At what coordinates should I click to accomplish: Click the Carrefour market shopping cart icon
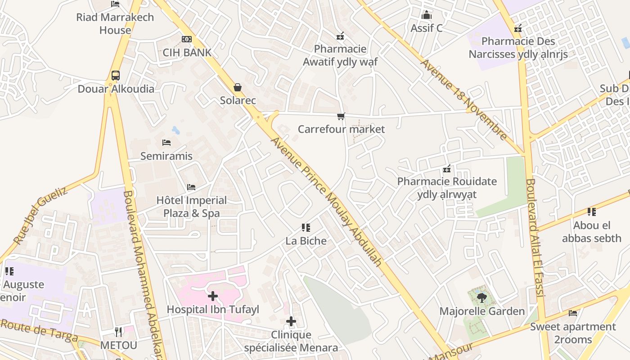click(341, 117)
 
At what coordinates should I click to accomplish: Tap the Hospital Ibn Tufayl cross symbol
click(213, 296)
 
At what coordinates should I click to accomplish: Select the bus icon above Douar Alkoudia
click(116, 75)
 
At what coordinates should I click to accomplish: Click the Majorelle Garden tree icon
click(481, 297)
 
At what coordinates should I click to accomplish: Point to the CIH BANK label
click(187, 53)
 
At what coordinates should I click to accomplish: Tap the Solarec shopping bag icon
click(238, 87)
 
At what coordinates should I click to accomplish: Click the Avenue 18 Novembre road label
click(464, 99)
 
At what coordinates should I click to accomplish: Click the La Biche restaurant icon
click(306, 228)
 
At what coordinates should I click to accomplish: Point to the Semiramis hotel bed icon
click(166, 143)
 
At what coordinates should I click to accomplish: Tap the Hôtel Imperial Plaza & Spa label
click(192, 207)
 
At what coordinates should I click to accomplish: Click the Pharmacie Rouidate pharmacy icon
click(447, 169)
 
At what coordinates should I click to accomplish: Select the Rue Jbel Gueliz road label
click(40, 216)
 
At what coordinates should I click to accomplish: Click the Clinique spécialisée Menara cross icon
click(291, 321)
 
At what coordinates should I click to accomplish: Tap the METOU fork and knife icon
click(118, 332)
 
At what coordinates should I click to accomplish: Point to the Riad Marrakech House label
click(115, 23)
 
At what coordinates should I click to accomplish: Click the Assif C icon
click(427, 15)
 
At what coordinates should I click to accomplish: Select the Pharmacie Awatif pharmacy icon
click(340, 36)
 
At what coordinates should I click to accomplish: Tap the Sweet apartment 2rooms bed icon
click(573, 313)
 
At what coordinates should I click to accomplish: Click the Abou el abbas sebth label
click(592, 231)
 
